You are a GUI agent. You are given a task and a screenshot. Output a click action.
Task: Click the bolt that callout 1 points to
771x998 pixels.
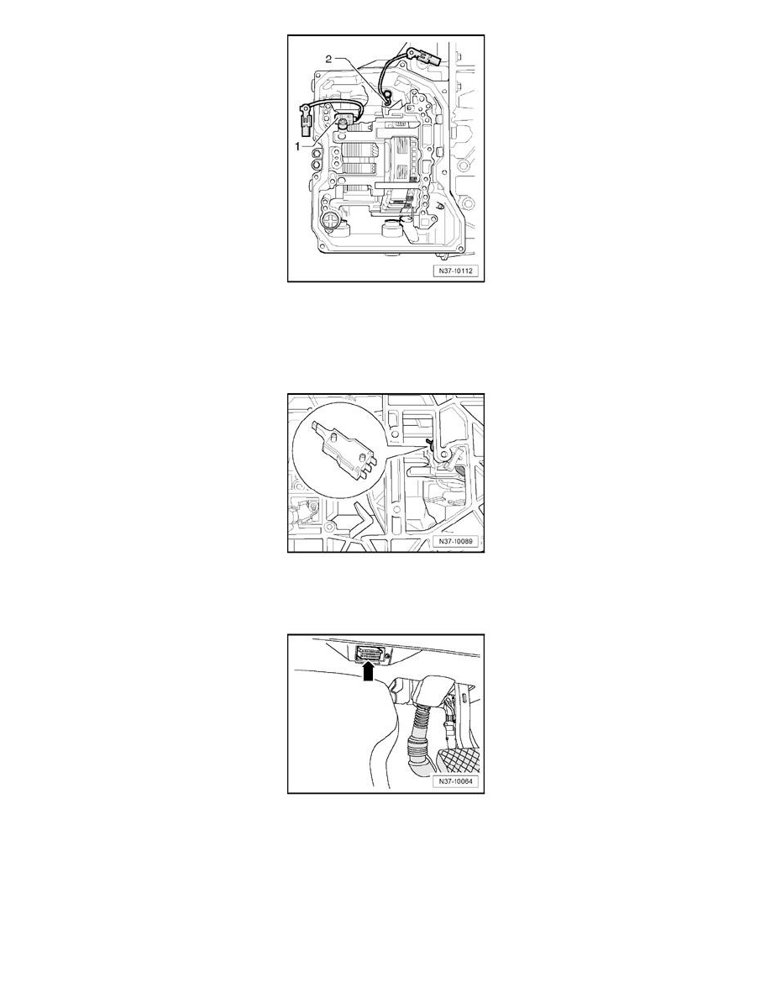point(344,125)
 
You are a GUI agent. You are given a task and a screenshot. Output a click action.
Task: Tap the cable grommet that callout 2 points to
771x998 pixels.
point(389,100)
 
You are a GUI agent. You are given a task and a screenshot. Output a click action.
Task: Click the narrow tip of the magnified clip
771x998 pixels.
point(316,424)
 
